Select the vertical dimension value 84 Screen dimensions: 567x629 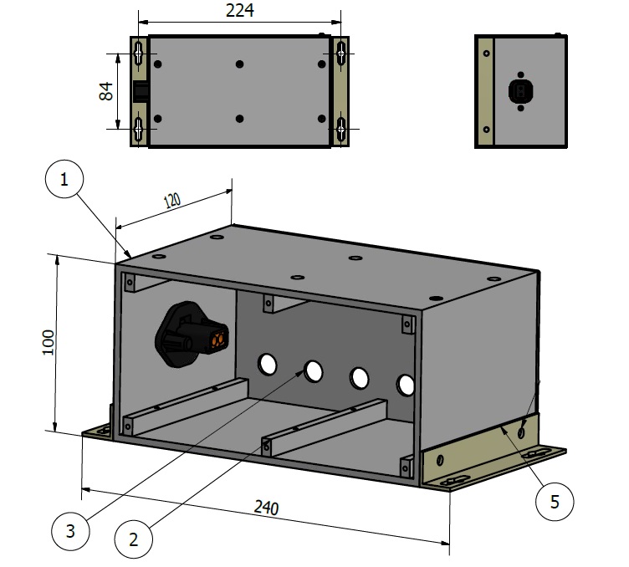[x=106, y=91]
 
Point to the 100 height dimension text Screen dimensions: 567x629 [x=48, y=343]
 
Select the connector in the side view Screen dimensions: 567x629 [x=520, y=90]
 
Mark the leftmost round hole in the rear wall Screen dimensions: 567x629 [x=268, y=364]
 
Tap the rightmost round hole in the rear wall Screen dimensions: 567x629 [x=407, y=385]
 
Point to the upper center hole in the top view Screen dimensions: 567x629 [x=240, y=64]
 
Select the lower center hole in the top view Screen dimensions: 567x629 [x=240, y=120]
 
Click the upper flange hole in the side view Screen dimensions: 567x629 [x=486, y=53]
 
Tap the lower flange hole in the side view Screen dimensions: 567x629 [x=486, y=130]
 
